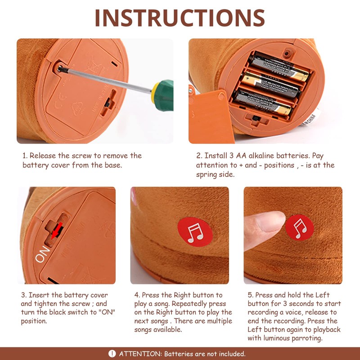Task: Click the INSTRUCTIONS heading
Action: coord(180,18)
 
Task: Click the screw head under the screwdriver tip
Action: coord(60,68)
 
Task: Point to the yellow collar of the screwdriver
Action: coord(154,93)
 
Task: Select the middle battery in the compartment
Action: coord(270,85)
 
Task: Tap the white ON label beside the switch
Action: coord(42,254)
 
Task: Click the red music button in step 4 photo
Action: coord(195,232)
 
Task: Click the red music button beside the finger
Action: coord(300,228)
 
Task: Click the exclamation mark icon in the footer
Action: coord(112,354)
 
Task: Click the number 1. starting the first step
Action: coord(25,156)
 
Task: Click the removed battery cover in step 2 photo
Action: coord(210,116)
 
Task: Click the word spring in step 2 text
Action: coord(207,175)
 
